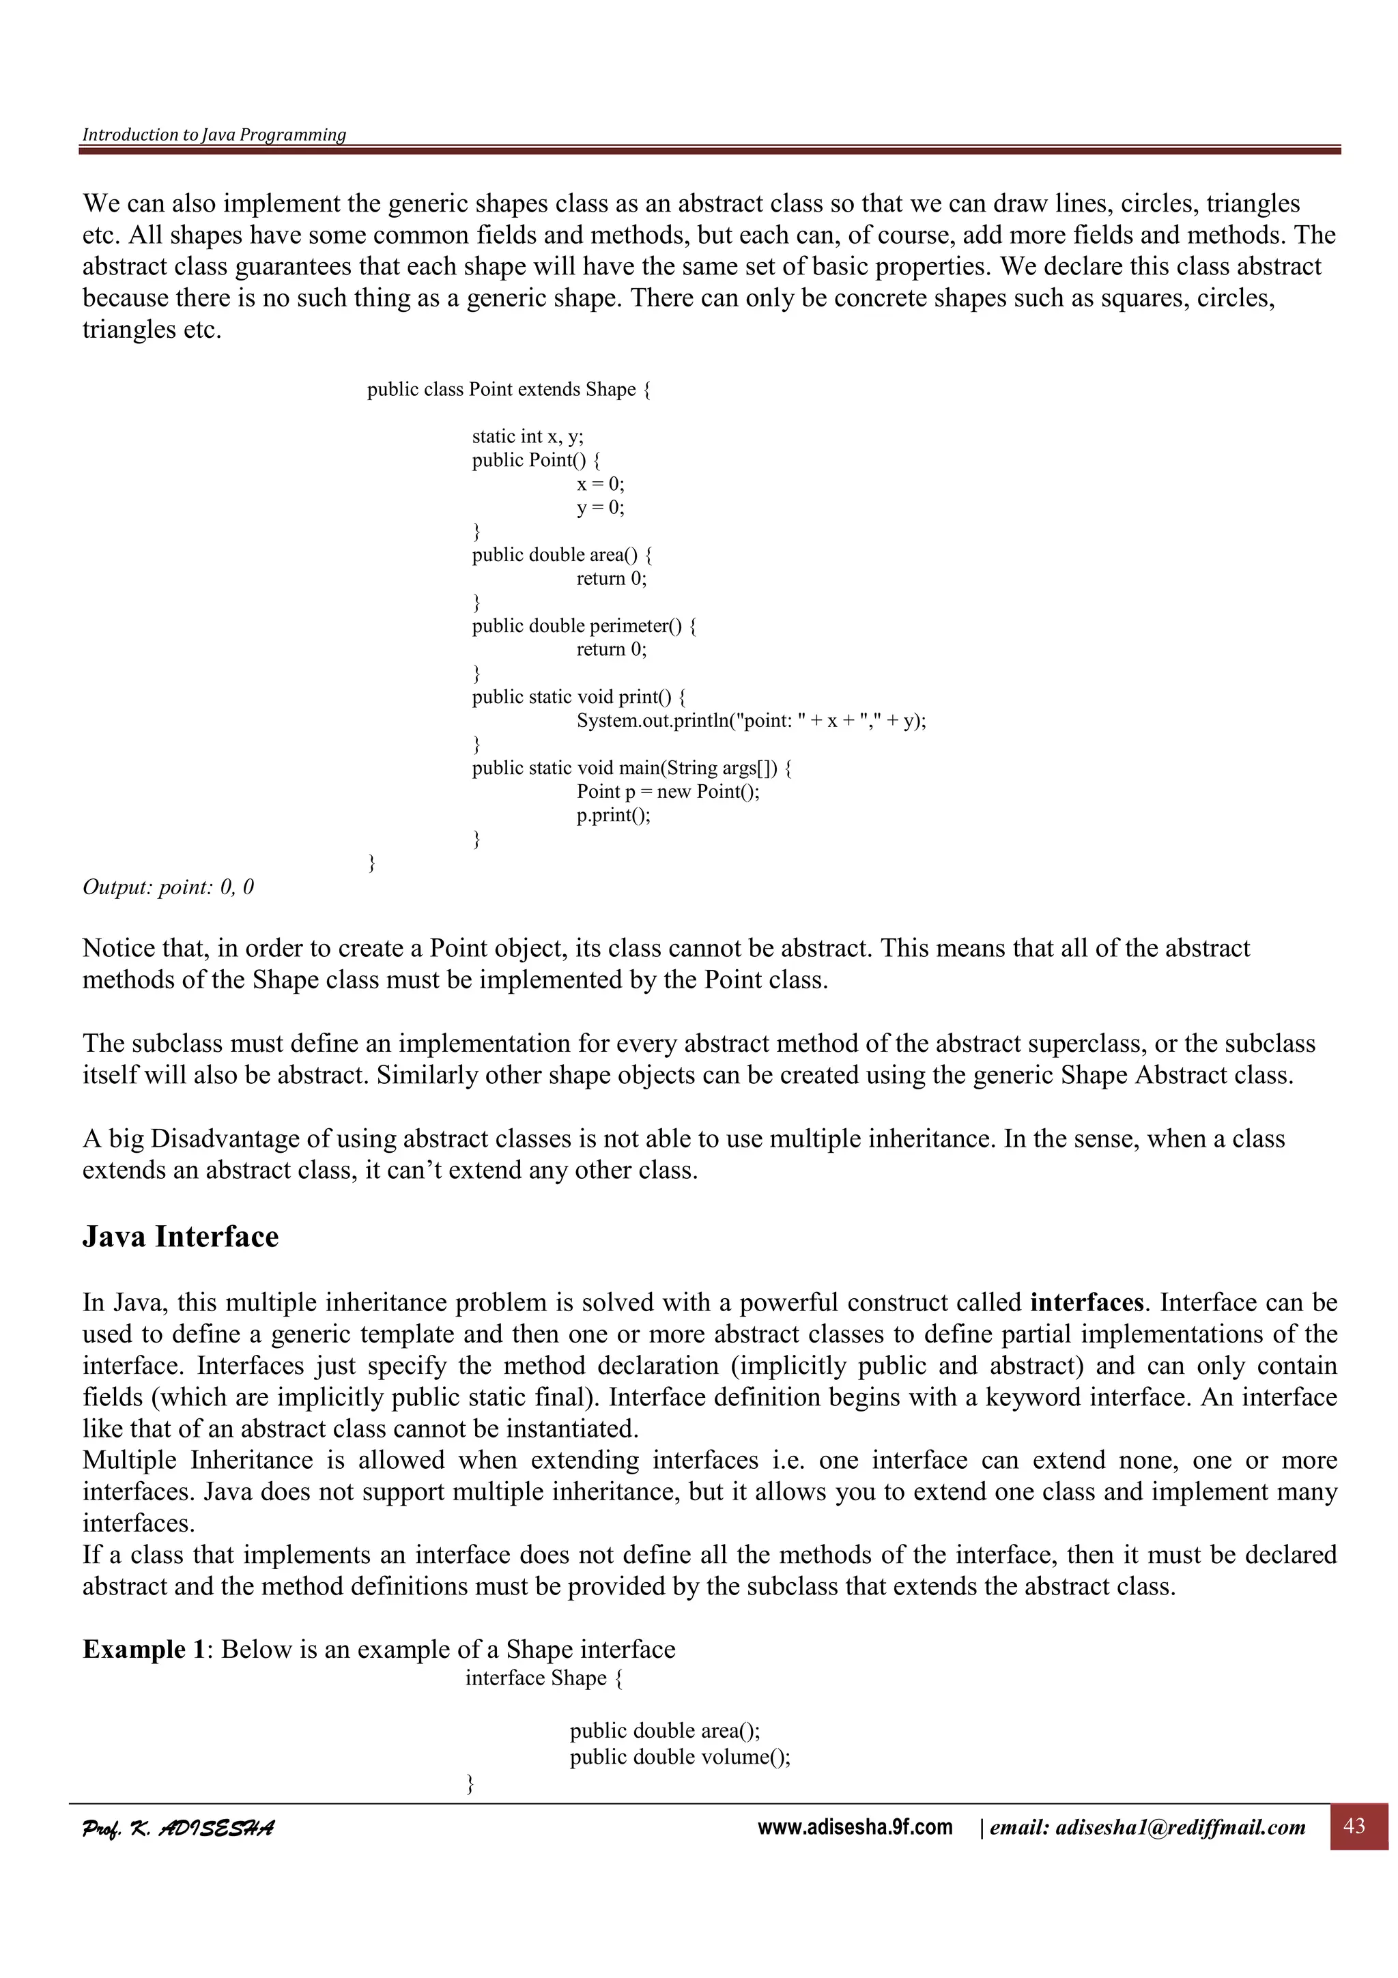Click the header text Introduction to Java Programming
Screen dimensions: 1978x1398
[x=214, y=134]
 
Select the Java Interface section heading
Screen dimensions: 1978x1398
[x=180, y=1237]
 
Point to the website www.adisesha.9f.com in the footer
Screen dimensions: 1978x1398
[x=855, y=1827]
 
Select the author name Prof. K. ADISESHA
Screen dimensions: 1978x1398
[x=178, y=1828]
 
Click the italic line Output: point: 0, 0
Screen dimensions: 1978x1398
[x=168, y=887]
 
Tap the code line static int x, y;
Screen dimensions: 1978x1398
[x=527, y=437]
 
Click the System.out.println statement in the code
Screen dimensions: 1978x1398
[x=751, y=720]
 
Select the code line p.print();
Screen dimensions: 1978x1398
[x=613, y=815]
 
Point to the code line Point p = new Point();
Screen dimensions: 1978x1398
[x=668, y=791]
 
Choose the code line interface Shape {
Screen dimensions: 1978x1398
[x=543, y=1678]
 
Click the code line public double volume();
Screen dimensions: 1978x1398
[x=680, y=1755]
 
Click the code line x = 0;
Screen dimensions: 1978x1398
[x=601, y=484]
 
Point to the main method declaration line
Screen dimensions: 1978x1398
[x=631, y=768]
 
